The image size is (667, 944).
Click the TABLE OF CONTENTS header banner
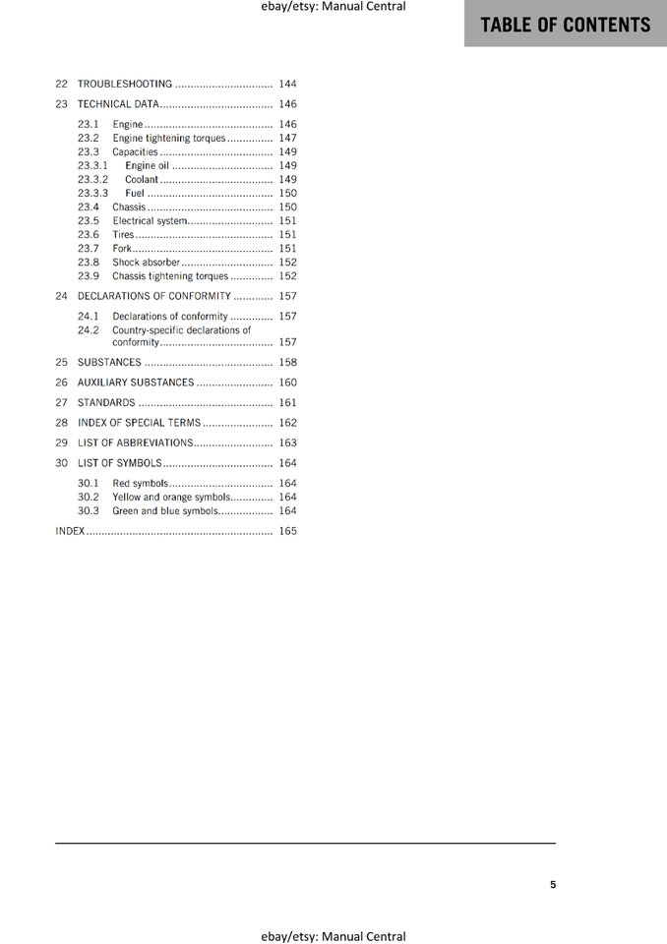click(566, 25)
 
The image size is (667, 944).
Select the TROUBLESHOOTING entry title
click(125, 84)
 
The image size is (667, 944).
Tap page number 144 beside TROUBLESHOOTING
click(287, 84)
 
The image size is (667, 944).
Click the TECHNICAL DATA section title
click(118, 104)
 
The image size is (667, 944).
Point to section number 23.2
click(89, 139)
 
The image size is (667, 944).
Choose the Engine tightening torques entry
click(169, 139)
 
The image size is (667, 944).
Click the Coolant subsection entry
click(142, 180)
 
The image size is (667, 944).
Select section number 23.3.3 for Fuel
click(92, 194)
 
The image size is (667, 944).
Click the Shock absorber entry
click(147, 263)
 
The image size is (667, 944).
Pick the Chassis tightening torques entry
click(170, 276)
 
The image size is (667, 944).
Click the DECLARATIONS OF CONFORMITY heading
click(154, 296)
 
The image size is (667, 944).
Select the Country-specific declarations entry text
click(181, 330)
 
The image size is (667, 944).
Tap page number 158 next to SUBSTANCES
click(287, 363)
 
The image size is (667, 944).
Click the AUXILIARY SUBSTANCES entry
click(136, 383)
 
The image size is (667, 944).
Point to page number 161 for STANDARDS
click(287, 403)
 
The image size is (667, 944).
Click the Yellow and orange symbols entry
click(171, 498)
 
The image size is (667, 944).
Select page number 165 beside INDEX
click(287, 531)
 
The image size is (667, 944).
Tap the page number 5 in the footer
click(553, 884)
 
